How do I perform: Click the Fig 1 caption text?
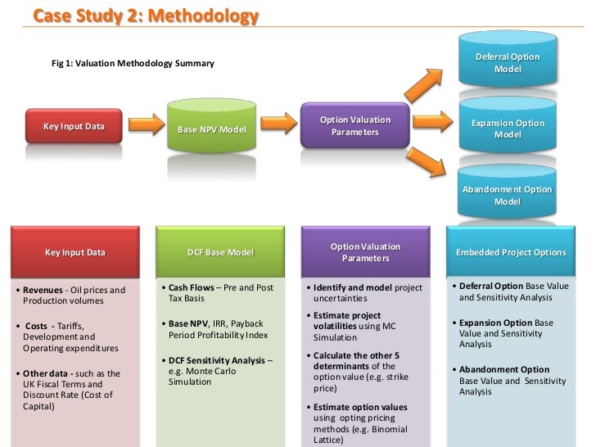point(133,63)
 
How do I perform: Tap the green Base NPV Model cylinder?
point(210,129)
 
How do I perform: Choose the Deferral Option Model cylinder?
point(507,62)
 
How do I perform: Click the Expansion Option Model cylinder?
point(507,129)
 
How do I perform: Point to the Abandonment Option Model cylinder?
point(507,195)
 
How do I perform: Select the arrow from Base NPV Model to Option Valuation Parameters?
point(276,124)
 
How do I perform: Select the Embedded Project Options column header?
point(510,252)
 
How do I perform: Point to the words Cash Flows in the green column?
point(191,287)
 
